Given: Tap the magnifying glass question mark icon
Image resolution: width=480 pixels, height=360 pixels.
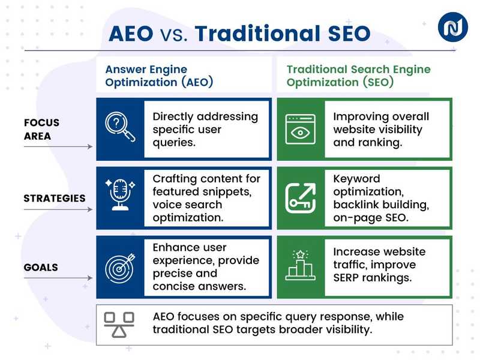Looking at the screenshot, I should tap(121, 129).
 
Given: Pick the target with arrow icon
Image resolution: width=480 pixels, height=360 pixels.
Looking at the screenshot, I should tap(121, 267).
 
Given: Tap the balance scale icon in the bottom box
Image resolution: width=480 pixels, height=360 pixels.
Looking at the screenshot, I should tap(119, 325).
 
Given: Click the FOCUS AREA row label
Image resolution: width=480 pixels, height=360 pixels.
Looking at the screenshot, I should tap(42, 129).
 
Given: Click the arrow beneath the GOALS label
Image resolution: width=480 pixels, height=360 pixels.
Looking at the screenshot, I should tap(60, 278).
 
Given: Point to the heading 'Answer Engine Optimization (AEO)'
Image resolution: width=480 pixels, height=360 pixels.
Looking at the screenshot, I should tap(159, 76).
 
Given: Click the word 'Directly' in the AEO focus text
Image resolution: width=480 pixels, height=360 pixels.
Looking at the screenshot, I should tap(175, 116).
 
